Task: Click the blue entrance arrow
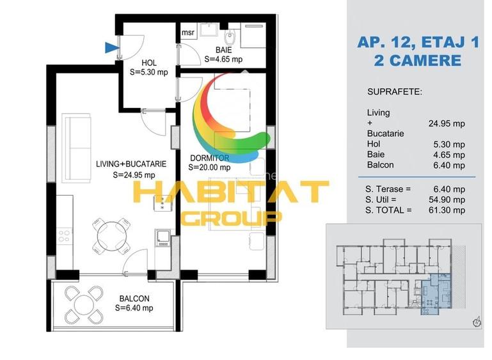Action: tap(112, 48)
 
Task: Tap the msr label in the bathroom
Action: tap(188, 33)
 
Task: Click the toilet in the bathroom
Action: tap(230, 37)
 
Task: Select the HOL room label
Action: tap(149, 63)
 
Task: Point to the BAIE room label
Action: tap(224, 50)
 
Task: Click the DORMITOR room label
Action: tap(210, 158)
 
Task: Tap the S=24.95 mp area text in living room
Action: tap(134, 175)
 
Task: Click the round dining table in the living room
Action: tap(111, 235)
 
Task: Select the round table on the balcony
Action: tap(84, 305)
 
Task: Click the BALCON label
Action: tap(134, 299)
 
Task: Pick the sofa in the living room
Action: tap(76, 148)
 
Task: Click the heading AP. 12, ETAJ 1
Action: tap(418, 42)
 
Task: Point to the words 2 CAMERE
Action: tap(418, 61)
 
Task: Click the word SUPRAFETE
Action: tap(395, 92)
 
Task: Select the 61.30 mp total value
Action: tap(447, 210)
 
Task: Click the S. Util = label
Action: tap(381, 200)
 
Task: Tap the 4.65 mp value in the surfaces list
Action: tap(449, 155)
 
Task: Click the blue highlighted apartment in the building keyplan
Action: tap(436, 294)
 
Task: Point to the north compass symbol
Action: tap(477, 322)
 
